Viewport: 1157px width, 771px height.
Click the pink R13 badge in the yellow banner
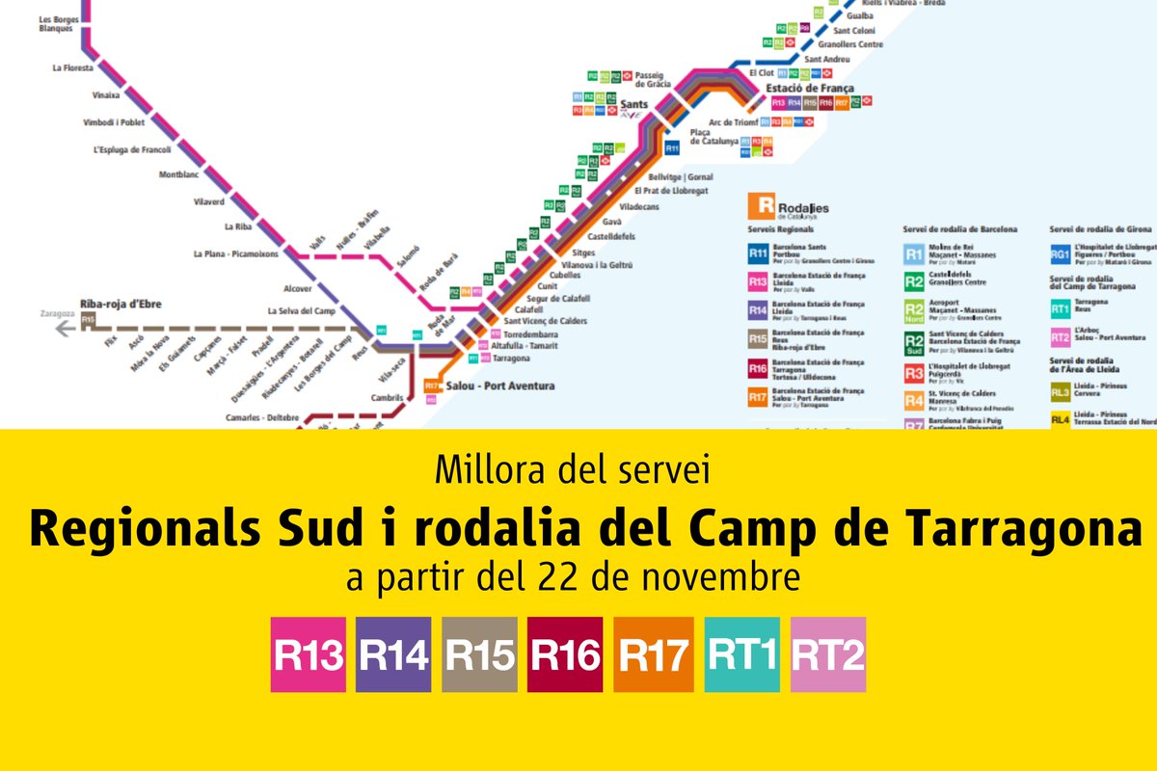[x=309, y=654]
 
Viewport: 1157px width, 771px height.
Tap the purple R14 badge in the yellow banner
[x=393, y=654]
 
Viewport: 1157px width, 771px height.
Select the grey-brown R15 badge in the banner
[x=480, y=654]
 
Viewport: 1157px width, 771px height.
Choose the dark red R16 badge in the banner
[x=565, y=654]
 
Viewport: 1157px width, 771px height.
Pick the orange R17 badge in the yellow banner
[x=653, y=654]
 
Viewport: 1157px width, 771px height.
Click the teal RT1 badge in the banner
[x=742, y=654]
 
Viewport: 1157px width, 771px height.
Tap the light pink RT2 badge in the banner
[x=828, y=654]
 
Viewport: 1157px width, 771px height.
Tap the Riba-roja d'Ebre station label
[x=122, y=305]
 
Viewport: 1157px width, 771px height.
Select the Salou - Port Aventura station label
[x=501, y=386]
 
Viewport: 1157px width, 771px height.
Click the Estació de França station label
[x=810, y=88]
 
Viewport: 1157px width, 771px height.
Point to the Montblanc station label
[x=180, y=174]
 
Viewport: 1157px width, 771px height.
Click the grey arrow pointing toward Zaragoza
[x=66, y=329]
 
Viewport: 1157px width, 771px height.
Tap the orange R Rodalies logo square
[x=763, y=205]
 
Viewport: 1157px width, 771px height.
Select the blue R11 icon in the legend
[x=759, y=253]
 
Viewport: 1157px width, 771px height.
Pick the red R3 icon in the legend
[x=913, y=374]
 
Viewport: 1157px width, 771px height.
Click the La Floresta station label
[x=72, y=68]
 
